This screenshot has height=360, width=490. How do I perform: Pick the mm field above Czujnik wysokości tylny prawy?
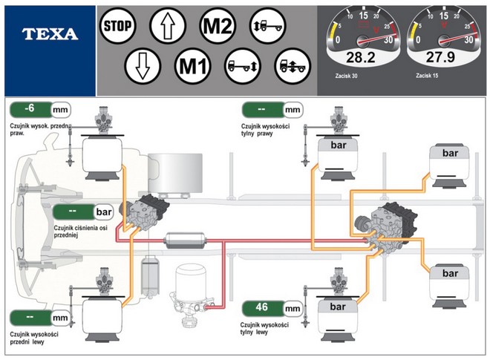point(272,109)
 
